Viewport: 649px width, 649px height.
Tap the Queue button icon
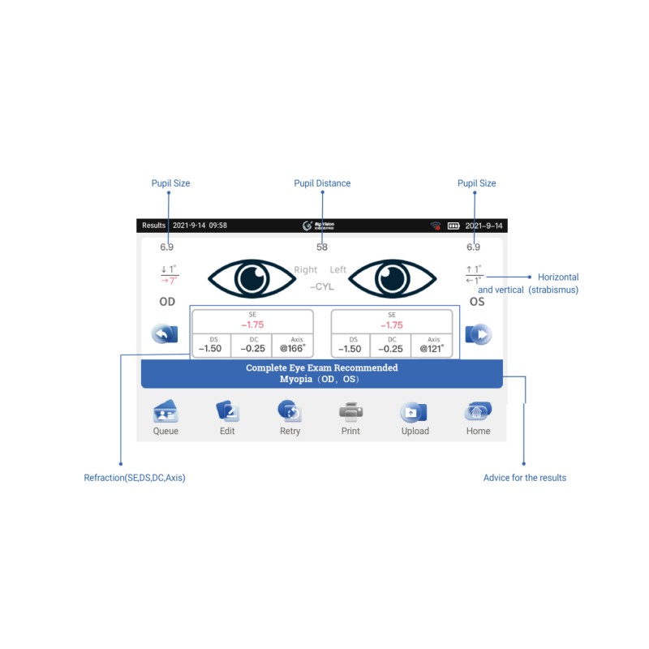pos(165,411)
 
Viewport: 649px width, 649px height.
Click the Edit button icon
pos(227,411)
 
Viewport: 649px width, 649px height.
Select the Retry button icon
pos(290,411)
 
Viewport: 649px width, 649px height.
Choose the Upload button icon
pos(415,411)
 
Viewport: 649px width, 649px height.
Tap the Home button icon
pos(478,411)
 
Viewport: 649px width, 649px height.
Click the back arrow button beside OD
pos(165,333)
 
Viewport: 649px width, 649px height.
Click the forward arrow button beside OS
pos(478,333)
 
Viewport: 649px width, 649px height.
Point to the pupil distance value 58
pos(322,247)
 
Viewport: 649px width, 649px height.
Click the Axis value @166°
pos(291,348)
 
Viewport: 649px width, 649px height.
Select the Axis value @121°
pos(431,348)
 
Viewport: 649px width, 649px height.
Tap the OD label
pos(167,302)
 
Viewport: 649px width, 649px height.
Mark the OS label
pos(478,302)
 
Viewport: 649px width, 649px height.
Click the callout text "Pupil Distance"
pos(322,183)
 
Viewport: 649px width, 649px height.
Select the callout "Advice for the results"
pos(525,478)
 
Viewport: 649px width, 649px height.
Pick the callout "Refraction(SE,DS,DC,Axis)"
pos(135,478)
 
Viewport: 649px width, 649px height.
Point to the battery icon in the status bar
pos(453,226)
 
